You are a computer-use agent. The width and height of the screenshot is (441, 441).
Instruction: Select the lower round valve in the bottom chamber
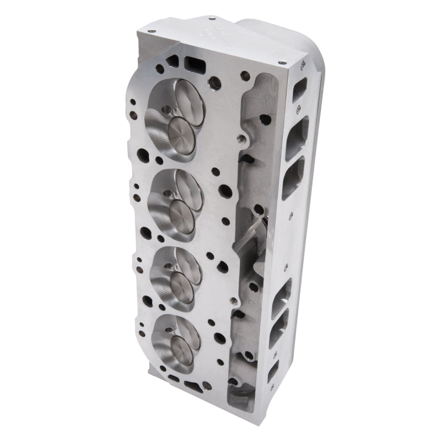181,349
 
